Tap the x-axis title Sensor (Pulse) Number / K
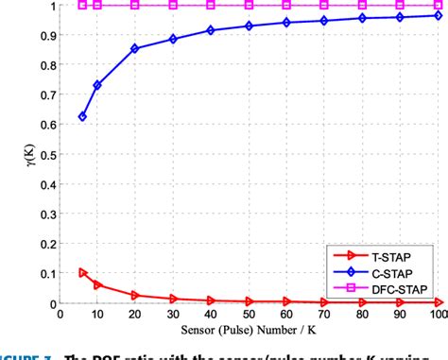click(250, 334)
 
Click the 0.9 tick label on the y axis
click(46, 35)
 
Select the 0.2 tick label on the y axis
click(46, 244)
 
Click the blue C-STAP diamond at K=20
click(135, 48)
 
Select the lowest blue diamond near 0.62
click(82, 116)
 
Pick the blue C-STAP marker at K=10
click(97, 85)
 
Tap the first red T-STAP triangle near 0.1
click(82, 273)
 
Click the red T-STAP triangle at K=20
click(135, 295)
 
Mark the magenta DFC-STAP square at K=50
click(250, 5)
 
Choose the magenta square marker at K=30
click(173, 5)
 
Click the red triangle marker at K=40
click(211, 300)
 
